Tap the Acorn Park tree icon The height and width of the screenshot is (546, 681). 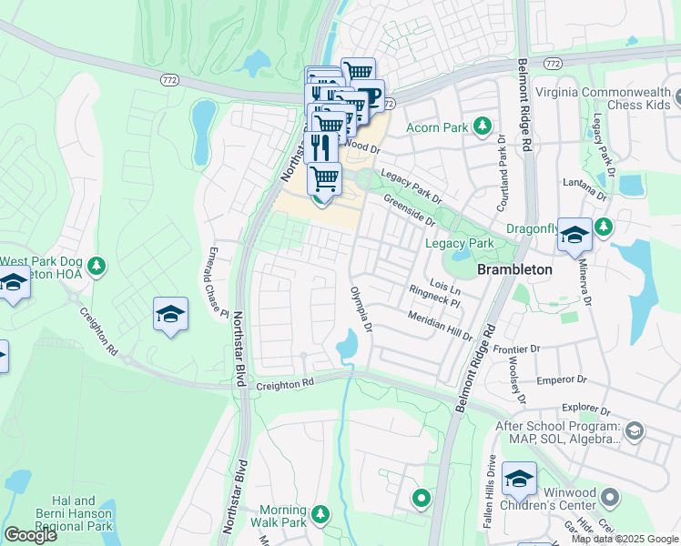[482, 127]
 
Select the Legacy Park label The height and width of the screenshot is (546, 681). [460, 243]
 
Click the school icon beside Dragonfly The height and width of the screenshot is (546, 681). [574, 235]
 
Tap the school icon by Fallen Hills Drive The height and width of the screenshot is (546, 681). [519, 478]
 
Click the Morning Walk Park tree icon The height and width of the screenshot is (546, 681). [320, 515]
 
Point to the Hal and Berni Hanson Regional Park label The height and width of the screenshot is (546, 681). [81, 513]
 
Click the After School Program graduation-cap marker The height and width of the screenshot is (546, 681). [635, 430]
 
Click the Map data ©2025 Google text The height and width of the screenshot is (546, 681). [624, 539]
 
